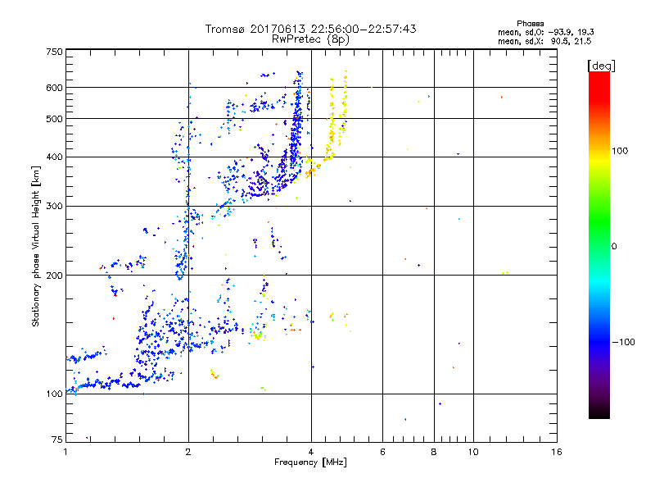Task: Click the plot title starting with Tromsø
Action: pyautogui.click(x=310, y=29)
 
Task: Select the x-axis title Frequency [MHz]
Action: pyautogui.click(x=310, y=462)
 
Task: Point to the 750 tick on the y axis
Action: pyautogui.click(x=54, y=51)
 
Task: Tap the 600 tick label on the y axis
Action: pyautogui.click(x=54, y=87)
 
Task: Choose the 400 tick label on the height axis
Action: pyautogui.click(x=54, y=157)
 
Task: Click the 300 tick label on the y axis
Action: pyautogui.click(x=54, y=206)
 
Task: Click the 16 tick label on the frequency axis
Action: pyautogui.click(x=556, y=452)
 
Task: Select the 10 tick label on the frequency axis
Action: pyautogui.click(x=472, y=452)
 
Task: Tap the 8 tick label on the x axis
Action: pyautogui.click(x=434, y=452)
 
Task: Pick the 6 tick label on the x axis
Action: pyautogui.click(x=382, y=452)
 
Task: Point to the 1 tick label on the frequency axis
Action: pyautogui.click(x=65, y=452)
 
